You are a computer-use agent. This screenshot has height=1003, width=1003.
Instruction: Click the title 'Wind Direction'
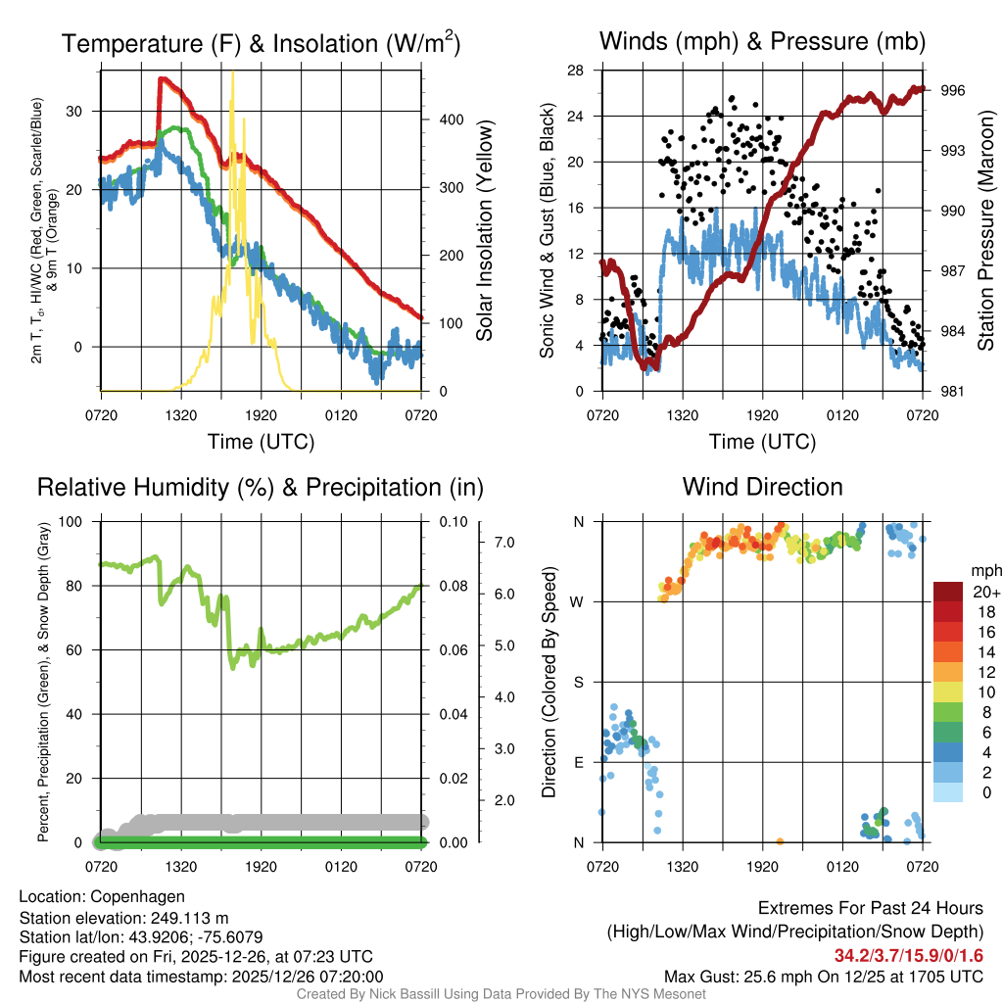(762, 487)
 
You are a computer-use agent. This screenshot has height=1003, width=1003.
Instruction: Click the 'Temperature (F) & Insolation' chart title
(261, 43)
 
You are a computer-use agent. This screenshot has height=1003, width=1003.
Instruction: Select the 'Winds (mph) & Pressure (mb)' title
(762, 42)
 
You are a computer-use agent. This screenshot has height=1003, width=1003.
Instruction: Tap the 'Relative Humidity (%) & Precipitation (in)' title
(261, 487)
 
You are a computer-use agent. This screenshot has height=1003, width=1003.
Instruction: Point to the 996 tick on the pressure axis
(953, 90)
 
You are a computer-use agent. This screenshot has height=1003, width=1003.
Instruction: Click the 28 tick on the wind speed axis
(576, 71)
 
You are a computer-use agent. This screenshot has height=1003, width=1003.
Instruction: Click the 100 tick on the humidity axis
(74, 521)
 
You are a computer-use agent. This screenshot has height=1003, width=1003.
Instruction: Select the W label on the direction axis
(579, 601)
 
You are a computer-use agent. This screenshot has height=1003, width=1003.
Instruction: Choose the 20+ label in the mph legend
(983, 592)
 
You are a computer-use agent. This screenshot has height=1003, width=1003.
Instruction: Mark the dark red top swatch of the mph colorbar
(949, 591)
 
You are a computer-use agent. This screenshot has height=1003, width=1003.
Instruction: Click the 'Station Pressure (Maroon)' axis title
(985, 230)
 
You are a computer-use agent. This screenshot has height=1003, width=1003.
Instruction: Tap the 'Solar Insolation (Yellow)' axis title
(484, 230)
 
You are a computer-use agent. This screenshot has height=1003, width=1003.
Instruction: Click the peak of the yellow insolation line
(232, 74)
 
